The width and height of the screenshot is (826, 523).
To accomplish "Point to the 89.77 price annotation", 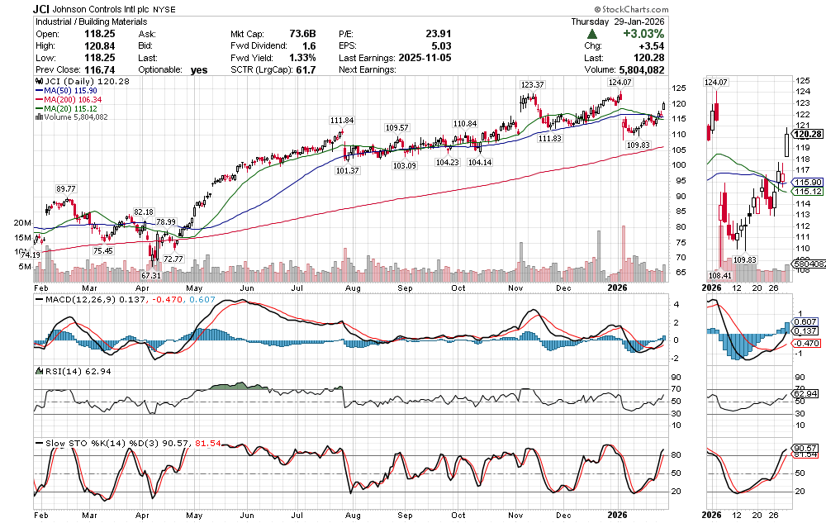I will point(66,189).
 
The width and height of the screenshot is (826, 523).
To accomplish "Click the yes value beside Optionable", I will point(198,70).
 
